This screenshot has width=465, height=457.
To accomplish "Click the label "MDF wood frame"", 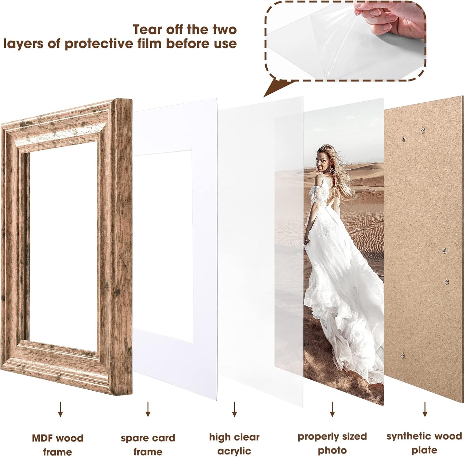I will (58, 444).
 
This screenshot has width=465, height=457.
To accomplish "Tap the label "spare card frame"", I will (148, 444).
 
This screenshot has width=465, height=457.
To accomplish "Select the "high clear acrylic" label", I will (234, 444).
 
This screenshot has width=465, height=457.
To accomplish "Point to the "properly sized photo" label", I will (332, 443).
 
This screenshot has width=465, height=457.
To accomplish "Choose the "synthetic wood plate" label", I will (424, 443).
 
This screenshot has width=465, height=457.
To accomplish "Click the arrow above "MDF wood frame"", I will (60, 409).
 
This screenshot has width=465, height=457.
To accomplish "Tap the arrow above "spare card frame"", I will (148, 409).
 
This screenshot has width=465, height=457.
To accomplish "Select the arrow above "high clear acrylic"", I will (234, 409).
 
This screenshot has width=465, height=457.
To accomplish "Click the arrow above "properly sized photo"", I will (332, 409).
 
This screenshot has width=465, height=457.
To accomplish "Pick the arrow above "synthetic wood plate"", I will (425, 409).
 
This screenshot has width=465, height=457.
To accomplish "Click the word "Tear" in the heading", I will (147, 30).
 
